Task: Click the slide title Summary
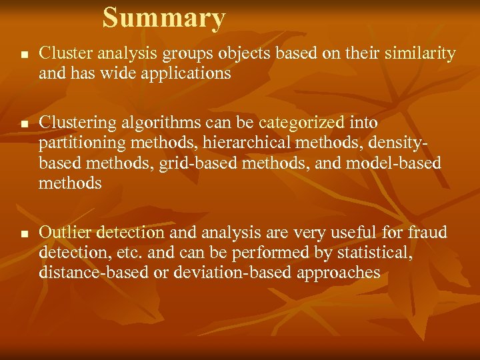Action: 164,18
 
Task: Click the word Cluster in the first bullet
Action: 61,53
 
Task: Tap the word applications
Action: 187,73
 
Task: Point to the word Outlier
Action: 65,233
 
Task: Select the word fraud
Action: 429,233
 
